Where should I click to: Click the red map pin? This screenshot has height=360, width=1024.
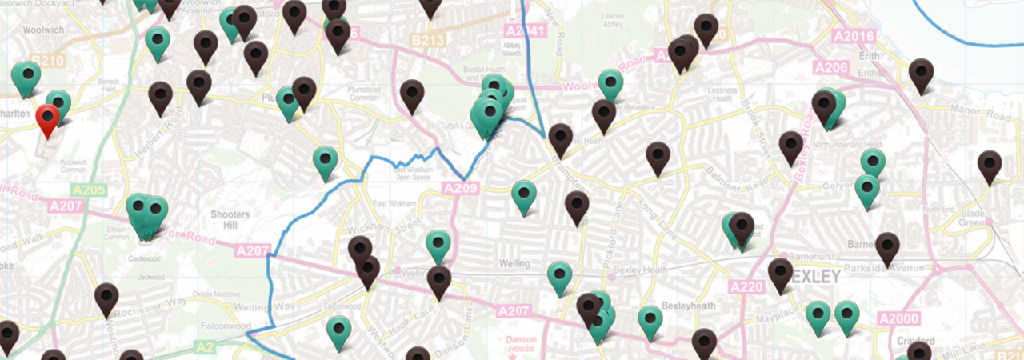(50, 120)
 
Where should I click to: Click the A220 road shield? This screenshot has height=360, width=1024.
(746, 286)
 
